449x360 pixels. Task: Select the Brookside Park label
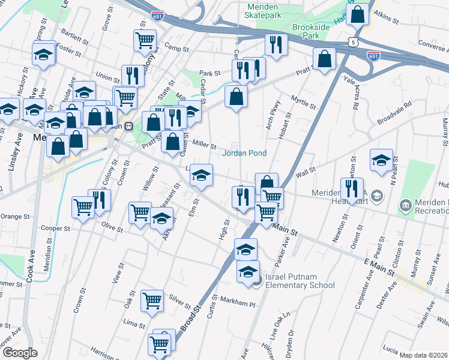tap(313, 32)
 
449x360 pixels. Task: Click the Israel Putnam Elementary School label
tap(299, 281)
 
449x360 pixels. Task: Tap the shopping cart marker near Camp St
tap(145, 40)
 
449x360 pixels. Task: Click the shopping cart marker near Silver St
tap(152, 300)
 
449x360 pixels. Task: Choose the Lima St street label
tap(130, 323)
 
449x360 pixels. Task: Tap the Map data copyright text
tap(424, 355)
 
